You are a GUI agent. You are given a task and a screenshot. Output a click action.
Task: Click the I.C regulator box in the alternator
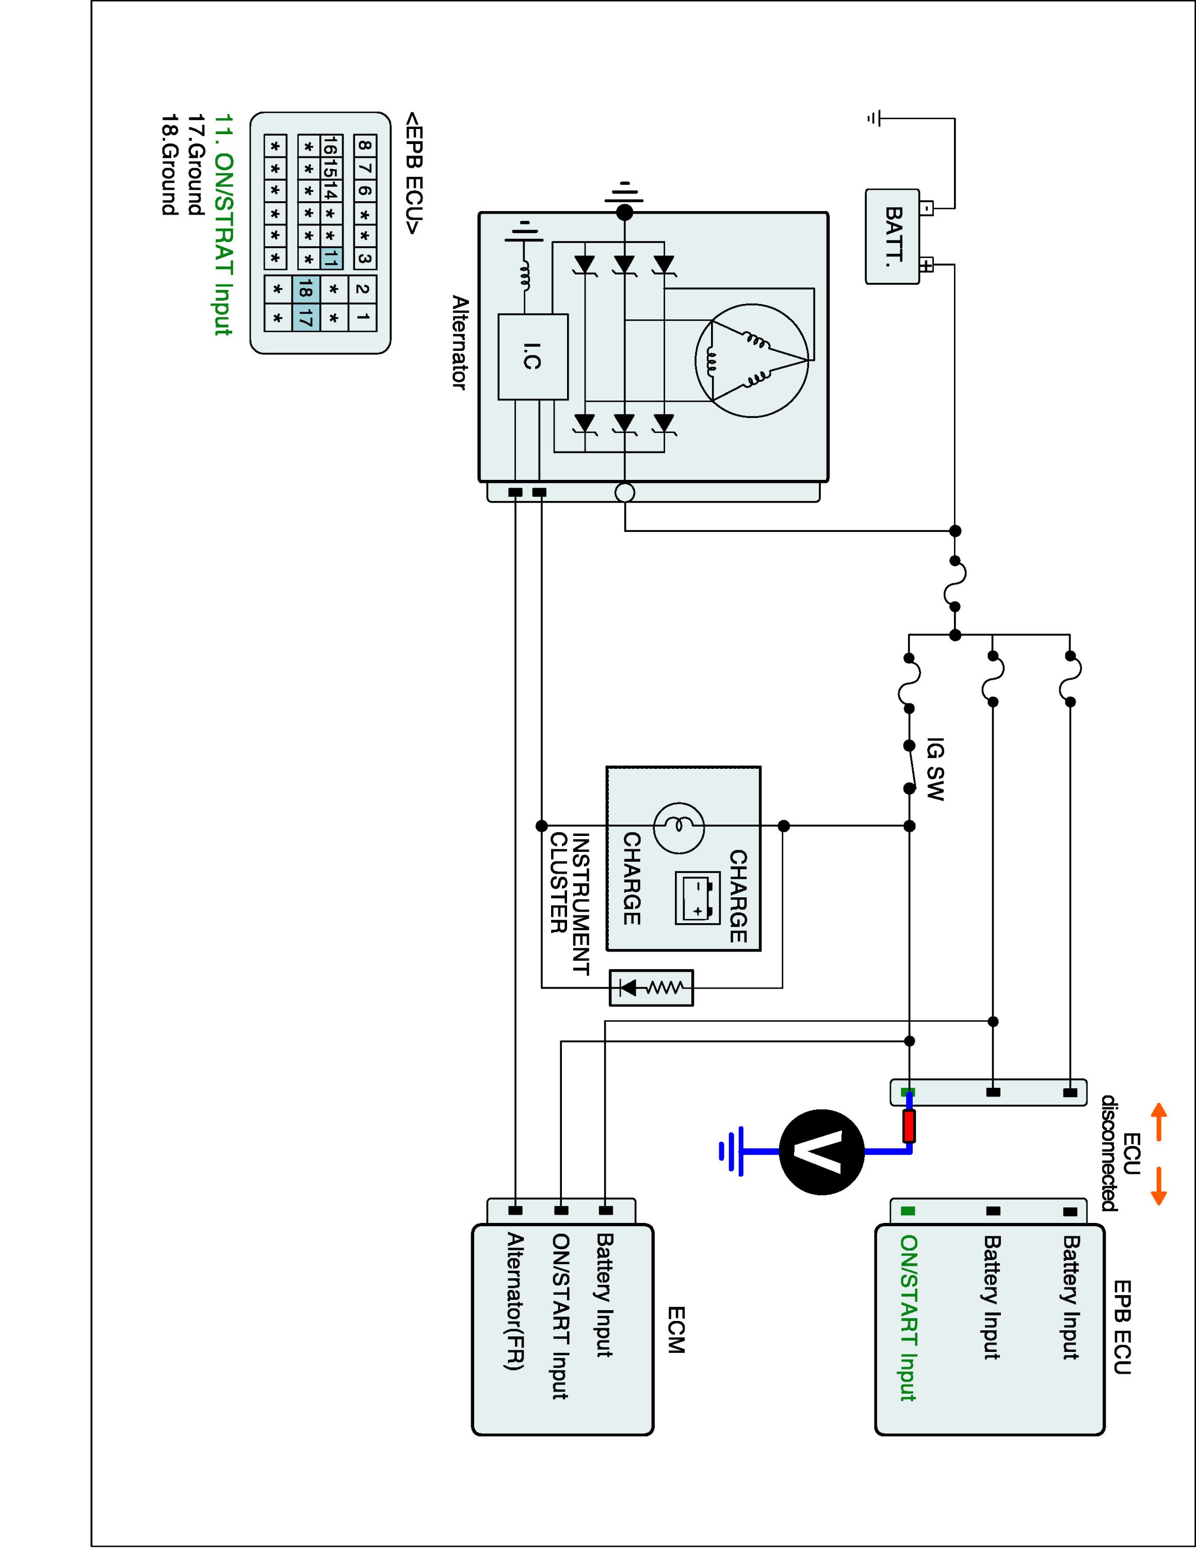534,357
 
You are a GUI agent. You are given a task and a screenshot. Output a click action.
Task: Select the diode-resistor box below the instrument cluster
652,987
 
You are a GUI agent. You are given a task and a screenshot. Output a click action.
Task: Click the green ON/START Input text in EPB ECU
909,1318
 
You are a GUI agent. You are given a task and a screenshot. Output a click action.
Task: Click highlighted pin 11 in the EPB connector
331,258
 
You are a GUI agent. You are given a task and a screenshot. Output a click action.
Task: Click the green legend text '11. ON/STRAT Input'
224,224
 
